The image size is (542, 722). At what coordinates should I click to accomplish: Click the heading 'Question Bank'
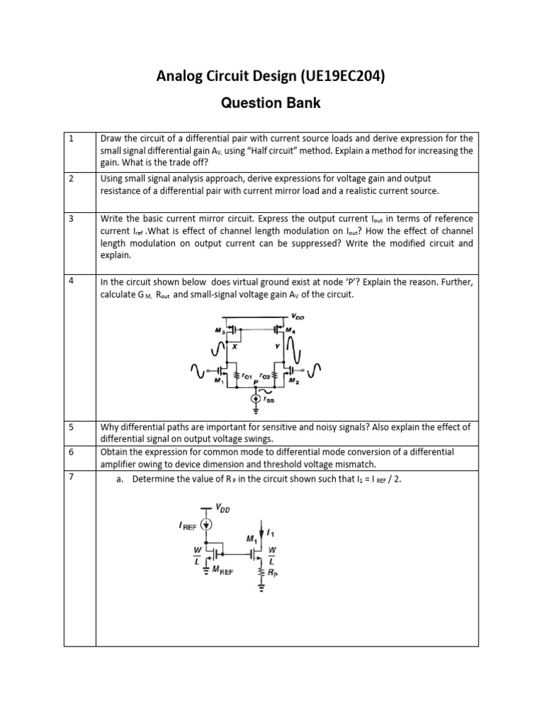(x=271, y=103)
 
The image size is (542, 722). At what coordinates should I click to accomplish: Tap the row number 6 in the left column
(x=71, y=452)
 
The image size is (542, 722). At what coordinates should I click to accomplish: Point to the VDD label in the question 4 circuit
(x=299, y=315)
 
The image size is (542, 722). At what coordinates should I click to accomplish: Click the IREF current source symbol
(x=206, y=524)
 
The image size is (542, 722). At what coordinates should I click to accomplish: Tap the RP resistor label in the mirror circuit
(x=273, y=574)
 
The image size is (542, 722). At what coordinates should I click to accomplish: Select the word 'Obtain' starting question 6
(x=116, y=452)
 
